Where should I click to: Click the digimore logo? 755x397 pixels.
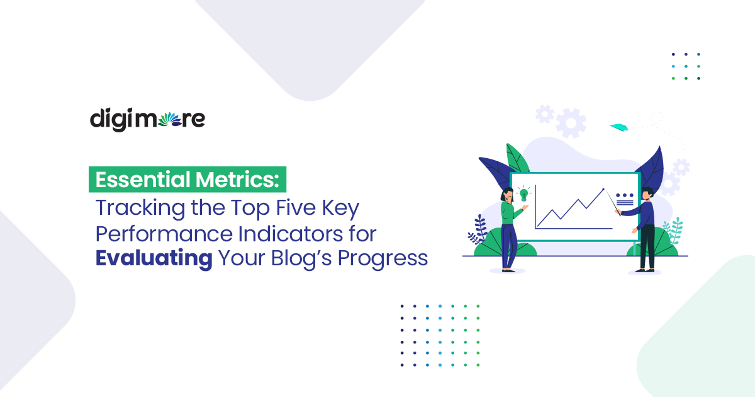(147, 119)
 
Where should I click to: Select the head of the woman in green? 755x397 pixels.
(506, 194)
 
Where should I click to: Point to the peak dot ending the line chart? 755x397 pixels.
(603, 189)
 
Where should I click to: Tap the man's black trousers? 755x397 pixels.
(646, 246)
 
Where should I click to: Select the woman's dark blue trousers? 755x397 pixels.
(509, 246)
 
